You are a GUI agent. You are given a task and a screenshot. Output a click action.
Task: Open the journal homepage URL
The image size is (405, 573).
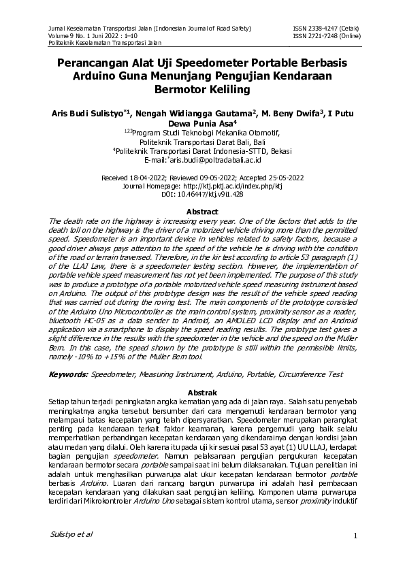(x=224, y=185)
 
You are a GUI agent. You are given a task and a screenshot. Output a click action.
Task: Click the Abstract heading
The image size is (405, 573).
(x=202, y=212)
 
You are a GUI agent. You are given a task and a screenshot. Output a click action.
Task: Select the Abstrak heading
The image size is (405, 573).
(x=202, y=393)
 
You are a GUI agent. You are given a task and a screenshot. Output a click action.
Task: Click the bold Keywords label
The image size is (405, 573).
(x=69, y=374)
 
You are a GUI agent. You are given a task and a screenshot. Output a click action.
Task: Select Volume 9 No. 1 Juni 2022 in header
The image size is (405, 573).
(x=88, y=35)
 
